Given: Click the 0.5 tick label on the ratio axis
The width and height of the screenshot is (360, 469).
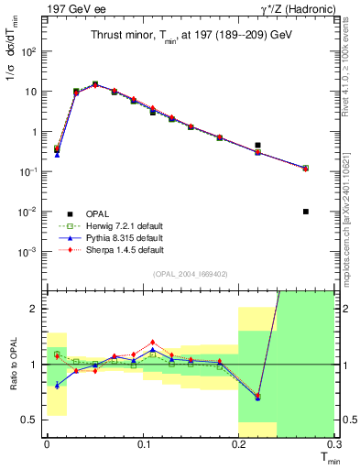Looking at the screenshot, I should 30,420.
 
